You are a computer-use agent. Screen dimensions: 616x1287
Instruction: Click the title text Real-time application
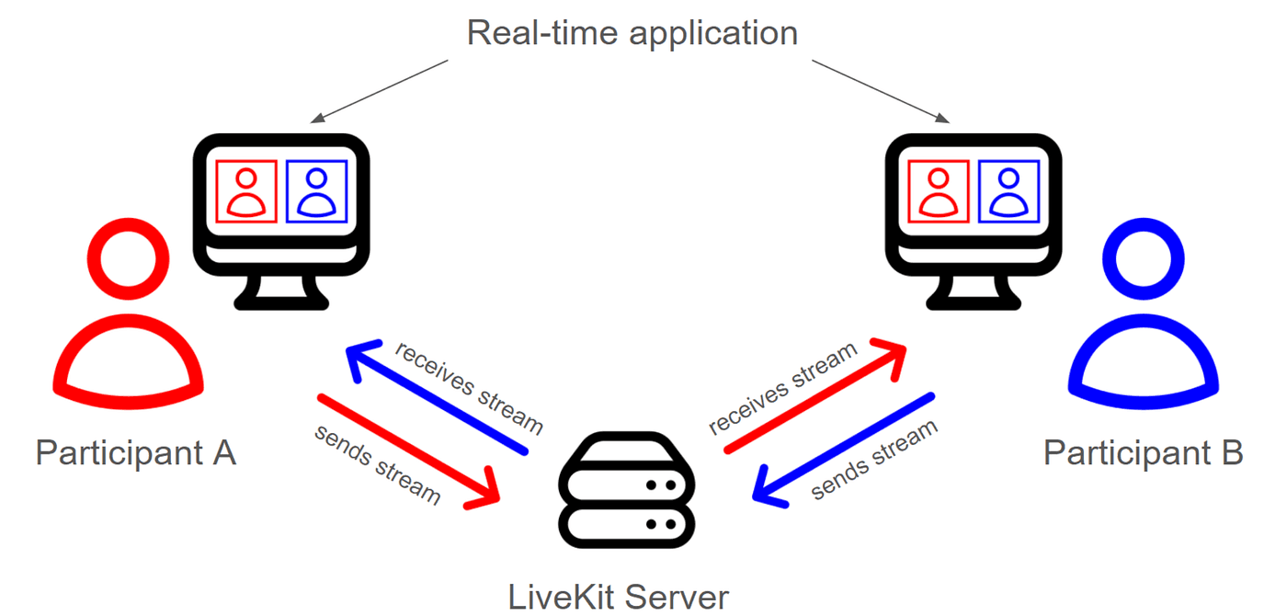[x=632, y=33]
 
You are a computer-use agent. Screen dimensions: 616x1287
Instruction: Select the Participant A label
[x=135, y=452]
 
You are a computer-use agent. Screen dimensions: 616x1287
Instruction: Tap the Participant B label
[x=1143, y=452]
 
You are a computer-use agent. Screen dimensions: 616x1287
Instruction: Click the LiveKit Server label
[x=619, y=597]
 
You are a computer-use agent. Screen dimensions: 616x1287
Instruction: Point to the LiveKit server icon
[x=624, y=493]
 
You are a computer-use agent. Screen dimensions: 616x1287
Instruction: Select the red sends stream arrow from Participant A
[x=409, y=451]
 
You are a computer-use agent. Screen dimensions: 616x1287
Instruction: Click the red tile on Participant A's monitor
[x=245, y=191]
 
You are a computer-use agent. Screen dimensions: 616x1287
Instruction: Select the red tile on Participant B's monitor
[x=939, y=191]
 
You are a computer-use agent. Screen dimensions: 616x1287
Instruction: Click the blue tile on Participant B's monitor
[x=1009, y=191]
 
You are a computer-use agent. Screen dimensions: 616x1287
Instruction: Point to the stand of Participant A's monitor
[x=281, y=292]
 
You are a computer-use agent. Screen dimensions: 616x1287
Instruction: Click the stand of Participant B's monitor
[x=974, y=292]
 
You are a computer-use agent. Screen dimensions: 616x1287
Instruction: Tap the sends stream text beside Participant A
[x=377, y=465]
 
